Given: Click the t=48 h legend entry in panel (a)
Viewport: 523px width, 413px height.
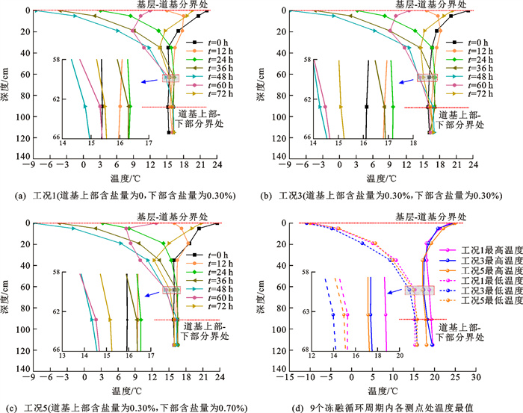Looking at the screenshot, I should coord(208,76).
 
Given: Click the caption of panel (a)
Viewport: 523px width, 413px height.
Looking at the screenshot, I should coord(131,196).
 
